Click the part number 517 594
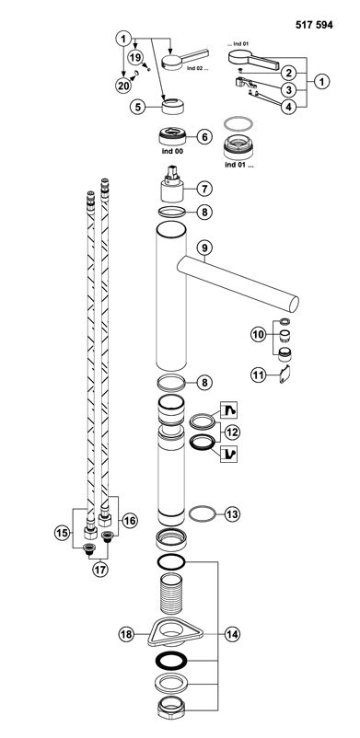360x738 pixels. coord(314,25)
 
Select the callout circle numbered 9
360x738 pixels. coord(205,247)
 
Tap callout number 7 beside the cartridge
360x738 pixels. coord(204,190)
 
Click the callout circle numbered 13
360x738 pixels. coord(232,514)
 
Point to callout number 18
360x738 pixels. coord(126,634)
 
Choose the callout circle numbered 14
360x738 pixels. coord(232,634)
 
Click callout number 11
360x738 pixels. coord(258,375)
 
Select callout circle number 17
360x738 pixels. coord(99,570)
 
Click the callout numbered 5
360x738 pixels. coord(137,107)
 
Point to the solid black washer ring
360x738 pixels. coord(171,661)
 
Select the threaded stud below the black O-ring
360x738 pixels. coord(171,594)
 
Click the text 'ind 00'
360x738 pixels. coord(171,152)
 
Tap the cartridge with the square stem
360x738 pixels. coord(172,186)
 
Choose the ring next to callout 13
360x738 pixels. coord(203,514)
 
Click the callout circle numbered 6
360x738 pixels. coord(204,137)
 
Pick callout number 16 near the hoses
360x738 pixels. coord(130,521)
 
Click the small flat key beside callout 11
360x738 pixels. coord(285,375)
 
